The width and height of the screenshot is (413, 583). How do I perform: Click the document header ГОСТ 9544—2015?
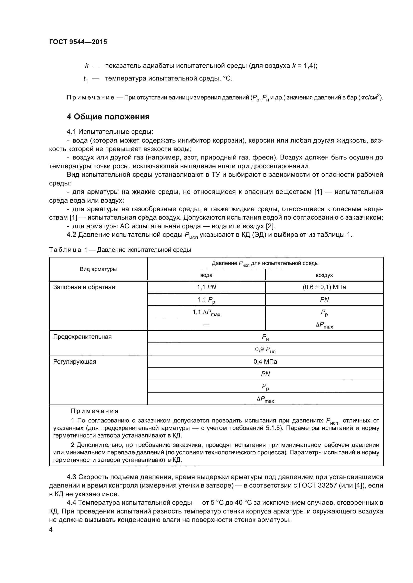78,42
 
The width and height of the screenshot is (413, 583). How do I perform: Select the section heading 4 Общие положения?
108,117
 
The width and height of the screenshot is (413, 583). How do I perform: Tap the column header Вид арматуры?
98,269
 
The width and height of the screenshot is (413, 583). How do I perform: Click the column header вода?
206,275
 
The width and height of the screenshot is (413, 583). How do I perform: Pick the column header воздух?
324,275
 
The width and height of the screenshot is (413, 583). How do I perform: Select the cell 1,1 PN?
206,287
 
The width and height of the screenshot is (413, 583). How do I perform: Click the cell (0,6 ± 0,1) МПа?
324,287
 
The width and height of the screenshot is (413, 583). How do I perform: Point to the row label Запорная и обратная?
84,287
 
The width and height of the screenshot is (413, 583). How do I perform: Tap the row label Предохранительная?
82,337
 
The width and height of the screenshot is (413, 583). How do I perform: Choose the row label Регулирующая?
74,362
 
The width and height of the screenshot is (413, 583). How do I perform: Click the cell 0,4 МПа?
265,362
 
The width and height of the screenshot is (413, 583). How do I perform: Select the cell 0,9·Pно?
265,350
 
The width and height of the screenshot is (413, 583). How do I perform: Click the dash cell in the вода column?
206,325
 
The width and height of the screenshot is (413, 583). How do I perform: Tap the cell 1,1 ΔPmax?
206,313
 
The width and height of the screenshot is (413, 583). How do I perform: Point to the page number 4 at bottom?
51,530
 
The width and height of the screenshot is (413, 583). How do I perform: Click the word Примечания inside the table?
95,411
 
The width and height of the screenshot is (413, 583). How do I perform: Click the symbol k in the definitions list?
87,66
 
